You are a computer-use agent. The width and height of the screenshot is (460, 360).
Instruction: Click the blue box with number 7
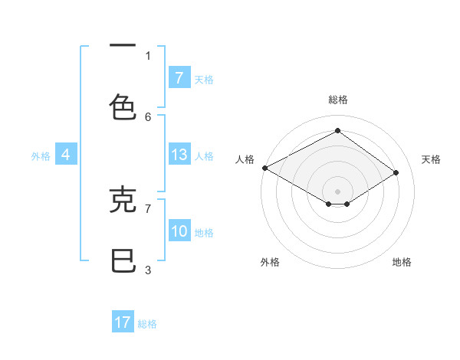[x=179, y=77]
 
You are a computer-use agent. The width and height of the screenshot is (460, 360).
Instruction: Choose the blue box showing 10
[x=179, y=231]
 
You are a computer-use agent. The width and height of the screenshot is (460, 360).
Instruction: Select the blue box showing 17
[x=123, y=322]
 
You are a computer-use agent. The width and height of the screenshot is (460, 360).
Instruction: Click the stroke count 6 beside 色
[x=148, y=116]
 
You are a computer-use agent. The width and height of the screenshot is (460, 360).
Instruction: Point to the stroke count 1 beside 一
[x=148, y=55]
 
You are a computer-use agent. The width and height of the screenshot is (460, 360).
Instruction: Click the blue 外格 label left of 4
[x=41, y=155]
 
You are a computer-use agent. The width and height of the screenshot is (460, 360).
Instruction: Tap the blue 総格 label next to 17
[x=147, y=324]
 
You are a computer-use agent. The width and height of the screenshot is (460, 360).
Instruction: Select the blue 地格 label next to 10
[x=204, y=232]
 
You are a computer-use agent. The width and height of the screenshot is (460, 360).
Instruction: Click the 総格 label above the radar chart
[x=337, y=100]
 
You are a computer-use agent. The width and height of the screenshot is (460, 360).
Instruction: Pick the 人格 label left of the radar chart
[x=245, y=159]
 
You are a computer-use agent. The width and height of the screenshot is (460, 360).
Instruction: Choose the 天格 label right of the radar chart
[x=432, y=159]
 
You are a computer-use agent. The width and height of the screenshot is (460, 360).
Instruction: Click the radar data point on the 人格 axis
[x=264, y=168]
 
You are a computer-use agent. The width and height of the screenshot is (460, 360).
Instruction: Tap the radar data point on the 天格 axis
[x=396, y=172]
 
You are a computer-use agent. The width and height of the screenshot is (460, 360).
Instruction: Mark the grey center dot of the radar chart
[x=337, y=191]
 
